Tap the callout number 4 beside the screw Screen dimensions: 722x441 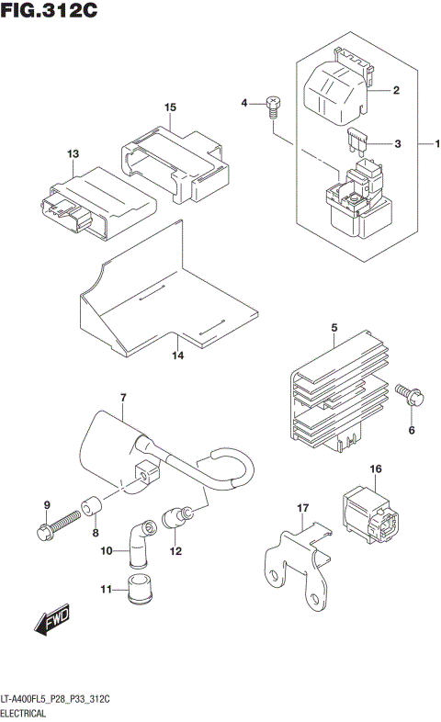[x=245, y=102]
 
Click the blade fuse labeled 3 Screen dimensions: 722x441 [x=356, y=141]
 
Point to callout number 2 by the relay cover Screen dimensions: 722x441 [x=396, y=90]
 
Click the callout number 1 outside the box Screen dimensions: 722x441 [x=438, y=143]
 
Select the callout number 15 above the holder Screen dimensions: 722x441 [x=169, y=107]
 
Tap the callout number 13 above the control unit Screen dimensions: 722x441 [x=73, y=153]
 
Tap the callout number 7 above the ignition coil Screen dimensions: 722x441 [x=121, y=397]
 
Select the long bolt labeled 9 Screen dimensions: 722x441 [x=57, y=528]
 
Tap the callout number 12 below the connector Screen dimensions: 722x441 [x=175, y=551]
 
